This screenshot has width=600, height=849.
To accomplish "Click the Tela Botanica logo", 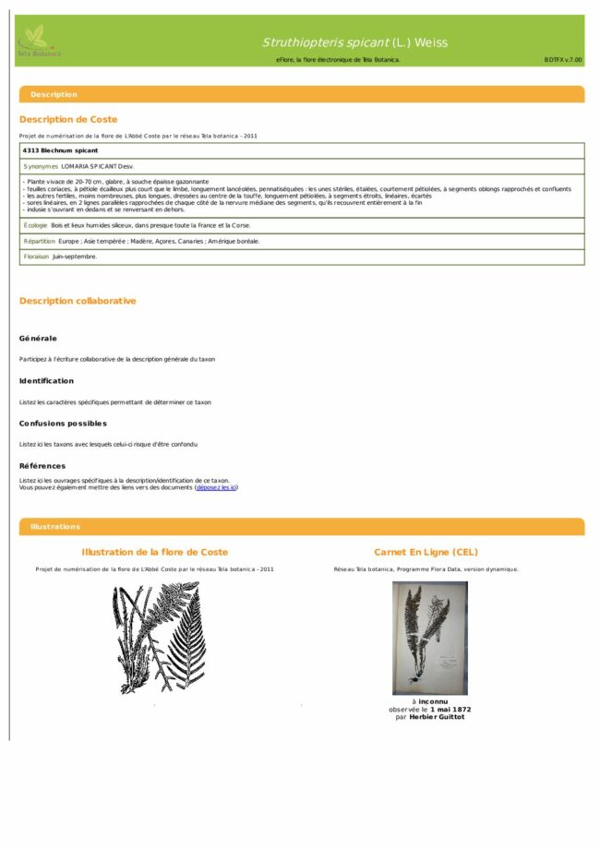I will click(38, 42).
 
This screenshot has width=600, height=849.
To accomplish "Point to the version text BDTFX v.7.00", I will click(563, 59).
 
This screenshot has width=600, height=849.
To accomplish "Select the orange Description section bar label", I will click(54, 94).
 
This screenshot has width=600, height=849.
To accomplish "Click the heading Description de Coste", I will click(68, 119).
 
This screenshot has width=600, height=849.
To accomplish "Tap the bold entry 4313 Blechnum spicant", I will click(60, 150).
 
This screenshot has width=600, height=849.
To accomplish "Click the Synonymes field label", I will click(41, 166).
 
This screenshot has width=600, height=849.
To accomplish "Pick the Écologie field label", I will click(35, 225).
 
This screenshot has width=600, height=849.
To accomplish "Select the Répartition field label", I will click(40, 241).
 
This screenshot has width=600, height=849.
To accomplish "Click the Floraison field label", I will click(36, 257).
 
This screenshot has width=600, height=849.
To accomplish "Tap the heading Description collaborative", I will click(78, 301).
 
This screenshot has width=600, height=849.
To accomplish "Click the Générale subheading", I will click(38, 338).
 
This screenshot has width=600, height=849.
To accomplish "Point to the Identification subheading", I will click(46, 380).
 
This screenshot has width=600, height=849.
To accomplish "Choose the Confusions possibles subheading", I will click(63, 423).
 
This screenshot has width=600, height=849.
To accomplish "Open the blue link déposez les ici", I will click(216, 487).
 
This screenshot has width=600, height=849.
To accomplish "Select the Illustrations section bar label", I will click(55, 526).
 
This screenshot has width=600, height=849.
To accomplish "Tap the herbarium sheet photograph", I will click(429, 638).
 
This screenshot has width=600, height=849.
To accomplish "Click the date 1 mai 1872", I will click(449, 709).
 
